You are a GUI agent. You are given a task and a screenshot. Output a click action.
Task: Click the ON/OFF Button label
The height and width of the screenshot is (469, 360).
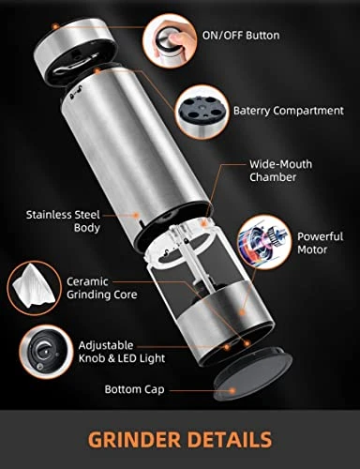pyautogui.click(x=241, y=36)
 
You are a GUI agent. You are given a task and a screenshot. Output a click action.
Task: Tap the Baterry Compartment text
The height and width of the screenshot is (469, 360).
pyautogui.click(x=289, y=111)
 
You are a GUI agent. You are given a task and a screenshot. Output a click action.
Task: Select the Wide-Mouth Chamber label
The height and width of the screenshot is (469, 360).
pyautogui.click(x=280, y=171)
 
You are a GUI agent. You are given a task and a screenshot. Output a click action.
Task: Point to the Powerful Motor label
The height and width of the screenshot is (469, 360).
pyautogui.click(x=320, y=243)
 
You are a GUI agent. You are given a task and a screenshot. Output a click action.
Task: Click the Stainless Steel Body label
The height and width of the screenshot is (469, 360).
pyautogui.click(x=63, y=221)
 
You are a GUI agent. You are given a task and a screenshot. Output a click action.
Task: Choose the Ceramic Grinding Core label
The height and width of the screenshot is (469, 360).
pyautogui.click(x=102, y=288)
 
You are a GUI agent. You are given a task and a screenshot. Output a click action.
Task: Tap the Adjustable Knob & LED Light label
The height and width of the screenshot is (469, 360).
pyautogui.click(x=122, y=352)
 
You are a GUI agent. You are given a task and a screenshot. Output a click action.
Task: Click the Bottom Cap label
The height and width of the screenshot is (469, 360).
pyautogui.click(x=134, y=390)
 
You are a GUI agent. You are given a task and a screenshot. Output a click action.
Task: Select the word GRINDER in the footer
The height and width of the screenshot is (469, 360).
pyautogui.click(x=134, y=440)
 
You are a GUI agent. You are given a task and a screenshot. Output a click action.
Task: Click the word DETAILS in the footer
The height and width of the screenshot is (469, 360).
pyautogui.click(x=230, y=440)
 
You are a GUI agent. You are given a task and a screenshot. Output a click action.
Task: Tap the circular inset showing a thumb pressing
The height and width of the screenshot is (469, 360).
pyautogui.click(x=170, y=41)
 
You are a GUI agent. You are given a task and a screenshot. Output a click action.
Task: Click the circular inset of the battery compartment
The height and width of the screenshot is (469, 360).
pyautogui.click(x=202, y=112)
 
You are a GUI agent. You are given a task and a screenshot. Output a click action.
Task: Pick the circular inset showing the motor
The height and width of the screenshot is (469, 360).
pyautogui.click(x=264, y=243)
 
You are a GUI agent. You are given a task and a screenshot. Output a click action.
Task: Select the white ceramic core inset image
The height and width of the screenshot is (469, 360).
pyautogui.click(x=34, y=287)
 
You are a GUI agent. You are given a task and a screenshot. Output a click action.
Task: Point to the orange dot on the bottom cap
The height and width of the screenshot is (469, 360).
pyautogui.click(x=232, y=390)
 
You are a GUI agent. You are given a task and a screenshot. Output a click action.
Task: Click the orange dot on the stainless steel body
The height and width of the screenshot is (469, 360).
pyautogui.click(x=136, y=215)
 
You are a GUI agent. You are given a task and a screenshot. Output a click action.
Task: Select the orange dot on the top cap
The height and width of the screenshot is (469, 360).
pyautogui.click(x=55, y=27)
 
